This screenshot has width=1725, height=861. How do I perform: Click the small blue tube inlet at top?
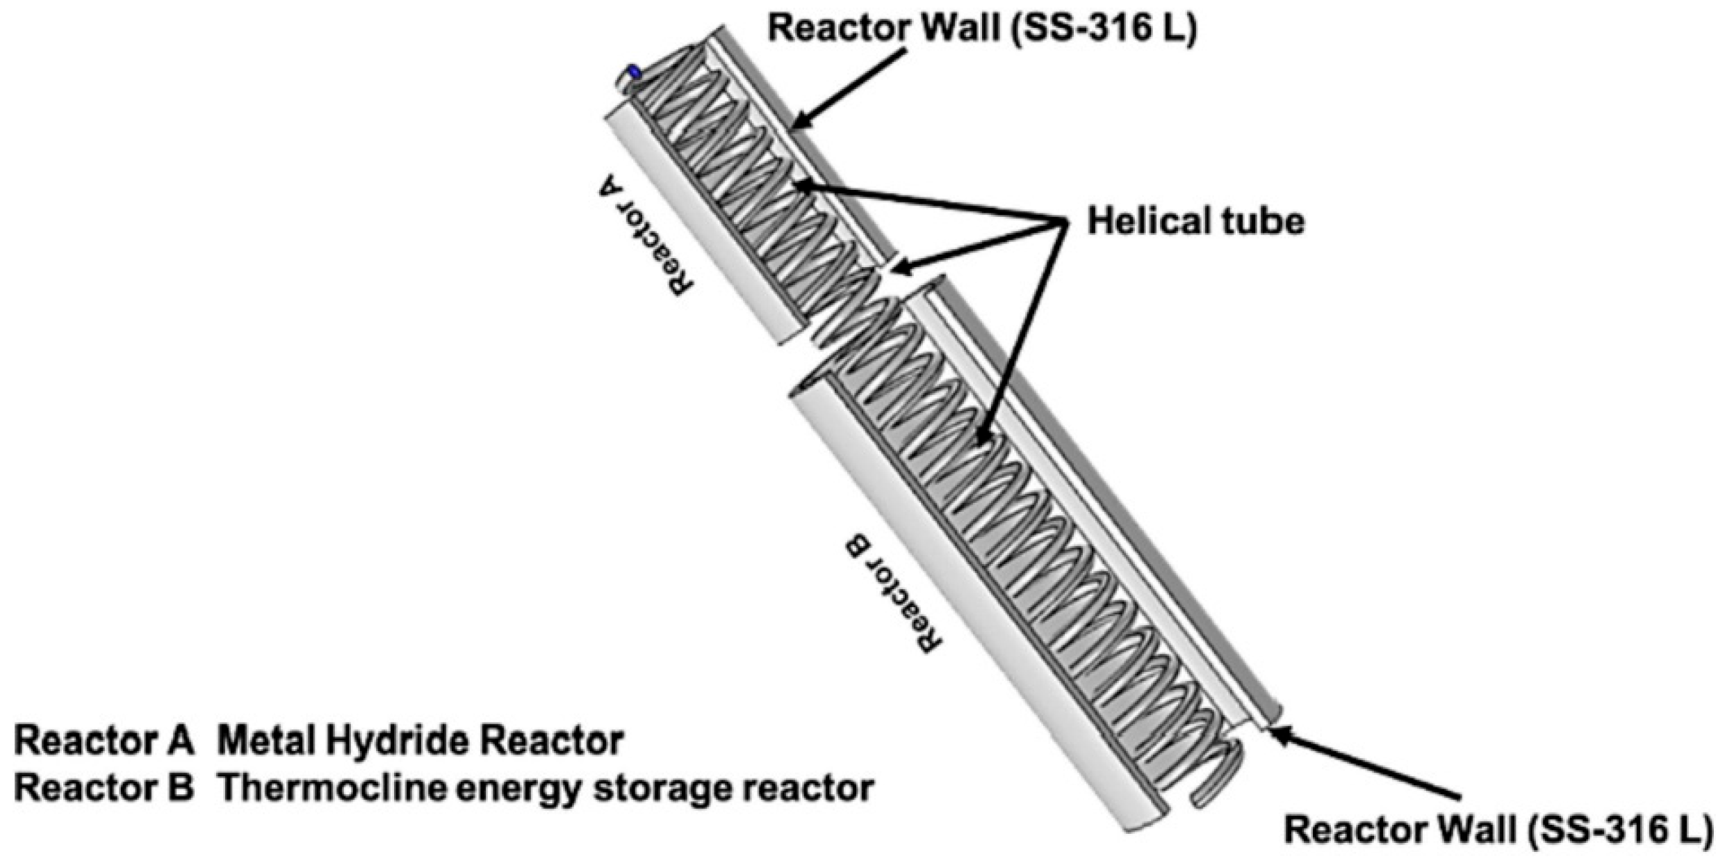(x=633, y=72)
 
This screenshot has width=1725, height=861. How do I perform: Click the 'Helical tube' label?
(x=1195, y=223)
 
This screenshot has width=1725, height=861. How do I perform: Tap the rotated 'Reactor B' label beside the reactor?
(x=894, y=593)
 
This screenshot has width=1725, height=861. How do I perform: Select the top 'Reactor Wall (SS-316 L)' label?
(x=981, y=29)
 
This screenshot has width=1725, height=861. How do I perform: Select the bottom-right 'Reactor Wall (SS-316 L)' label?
(x=1496, y=830)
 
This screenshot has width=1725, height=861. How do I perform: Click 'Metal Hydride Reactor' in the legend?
(x=420, y=741)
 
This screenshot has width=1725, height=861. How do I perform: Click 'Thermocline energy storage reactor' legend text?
(x=546, y=789)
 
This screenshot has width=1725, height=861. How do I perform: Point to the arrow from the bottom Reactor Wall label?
(x=1362, y=771)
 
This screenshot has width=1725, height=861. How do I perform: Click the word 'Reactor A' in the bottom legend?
(x=104, y=741)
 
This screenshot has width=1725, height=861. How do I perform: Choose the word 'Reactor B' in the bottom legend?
(x=104, y=789)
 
